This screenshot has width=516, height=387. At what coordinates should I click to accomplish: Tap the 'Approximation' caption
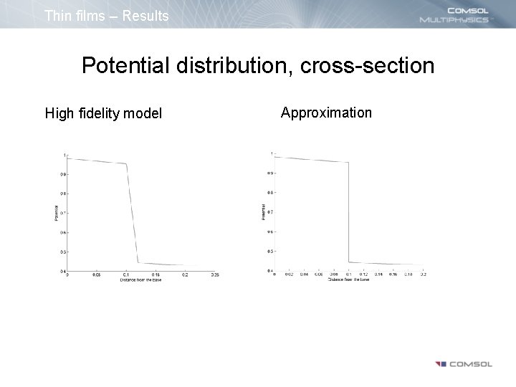point(326,113)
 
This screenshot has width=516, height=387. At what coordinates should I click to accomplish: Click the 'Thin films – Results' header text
point(106,15)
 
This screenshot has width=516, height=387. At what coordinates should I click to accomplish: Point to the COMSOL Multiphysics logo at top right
point(455,14)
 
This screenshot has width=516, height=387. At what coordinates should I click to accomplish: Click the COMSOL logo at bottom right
point(462,364)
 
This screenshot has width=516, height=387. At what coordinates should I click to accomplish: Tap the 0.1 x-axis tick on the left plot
point(125,274)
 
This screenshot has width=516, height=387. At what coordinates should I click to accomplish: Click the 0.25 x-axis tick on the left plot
point(214,274)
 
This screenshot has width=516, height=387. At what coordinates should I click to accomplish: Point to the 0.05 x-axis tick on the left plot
point(95,274)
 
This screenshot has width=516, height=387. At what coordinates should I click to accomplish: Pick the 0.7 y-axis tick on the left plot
point(63,213)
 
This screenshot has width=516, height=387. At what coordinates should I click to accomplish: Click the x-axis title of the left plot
point(140,279)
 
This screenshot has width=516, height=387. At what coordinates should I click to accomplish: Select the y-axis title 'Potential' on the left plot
point(55,213)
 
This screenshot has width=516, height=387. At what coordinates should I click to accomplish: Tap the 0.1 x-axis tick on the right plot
point(348,274)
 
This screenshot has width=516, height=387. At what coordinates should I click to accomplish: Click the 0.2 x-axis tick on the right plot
point(424,274)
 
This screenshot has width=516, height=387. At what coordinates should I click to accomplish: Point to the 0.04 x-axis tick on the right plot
point(303,274)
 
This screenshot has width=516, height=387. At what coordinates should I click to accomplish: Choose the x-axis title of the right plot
point(349,279)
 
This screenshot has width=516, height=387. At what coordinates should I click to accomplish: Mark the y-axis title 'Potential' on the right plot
point(262,211)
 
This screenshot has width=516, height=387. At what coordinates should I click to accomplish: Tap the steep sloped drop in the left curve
point(133,215)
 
